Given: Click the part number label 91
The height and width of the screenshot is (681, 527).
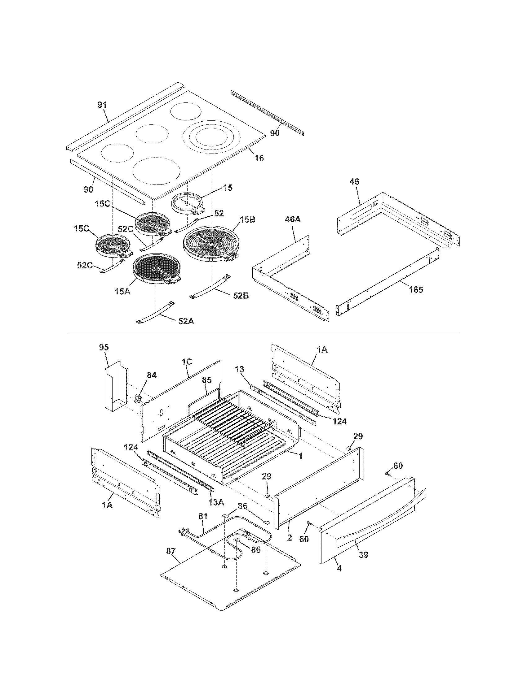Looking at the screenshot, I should [x=102, y=105].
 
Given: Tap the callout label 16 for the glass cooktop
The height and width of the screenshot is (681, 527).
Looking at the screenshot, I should [x=259, y=158].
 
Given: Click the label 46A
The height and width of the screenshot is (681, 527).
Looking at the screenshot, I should [x=293, y=219].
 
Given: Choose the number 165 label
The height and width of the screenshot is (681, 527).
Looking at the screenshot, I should [x=416, y=290].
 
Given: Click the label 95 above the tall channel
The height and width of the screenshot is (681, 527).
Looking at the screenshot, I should [x=104, y=348].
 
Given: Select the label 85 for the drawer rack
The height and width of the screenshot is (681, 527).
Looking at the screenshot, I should [x=207, y=380].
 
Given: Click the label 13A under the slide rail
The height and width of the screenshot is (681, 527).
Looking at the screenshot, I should [x=216, y=502].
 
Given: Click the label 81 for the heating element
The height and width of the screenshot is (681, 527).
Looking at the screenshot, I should [x=203, y=516].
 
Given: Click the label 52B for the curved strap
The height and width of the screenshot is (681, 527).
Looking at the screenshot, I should [x=241, y=296].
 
